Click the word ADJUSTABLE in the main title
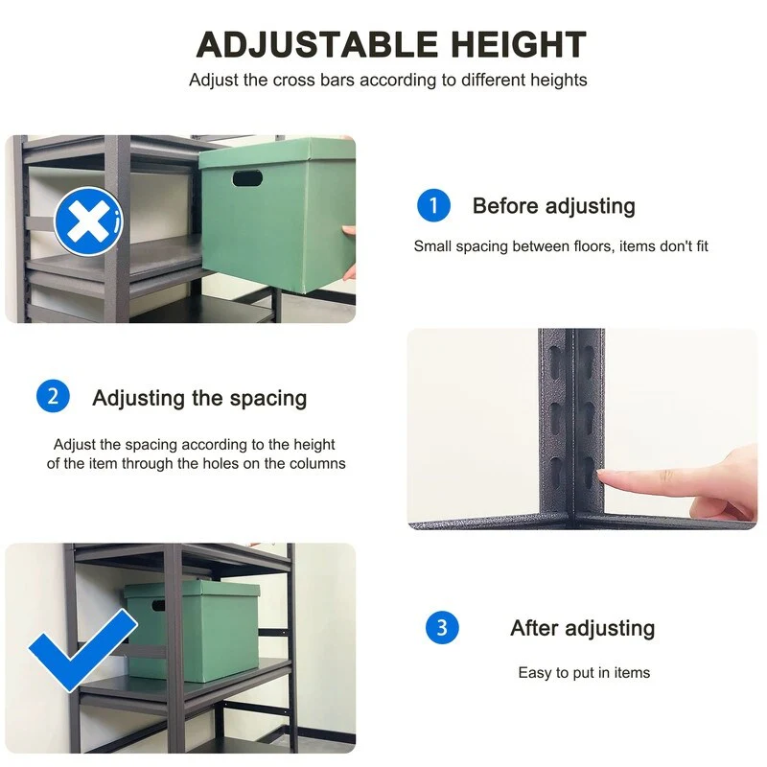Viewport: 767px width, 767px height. (x=316, y=44)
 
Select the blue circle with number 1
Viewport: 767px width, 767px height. (x=433, y=205)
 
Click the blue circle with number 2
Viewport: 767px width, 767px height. (x=53, y=396)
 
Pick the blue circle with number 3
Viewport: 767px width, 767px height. (x=442, y=628)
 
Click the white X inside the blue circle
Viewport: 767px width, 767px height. (x=88, y=221)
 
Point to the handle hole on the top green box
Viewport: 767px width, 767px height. (x=247, y=178)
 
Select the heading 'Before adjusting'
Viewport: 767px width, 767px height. (x=554, y=206)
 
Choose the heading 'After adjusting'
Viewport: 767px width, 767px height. (x=583, y=628)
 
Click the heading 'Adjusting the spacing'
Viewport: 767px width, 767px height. (x=199, y=398)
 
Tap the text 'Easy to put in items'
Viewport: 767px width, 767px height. (x=584, y=673)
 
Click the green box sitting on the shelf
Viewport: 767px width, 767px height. (x=191, y=631)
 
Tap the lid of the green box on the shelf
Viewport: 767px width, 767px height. (x=191, y=590)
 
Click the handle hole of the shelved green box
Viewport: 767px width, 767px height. (x=158, y=606)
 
